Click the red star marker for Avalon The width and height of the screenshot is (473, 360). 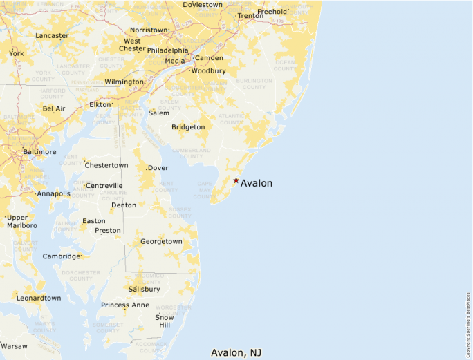[x=236, y=180]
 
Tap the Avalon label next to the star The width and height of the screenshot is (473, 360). [x=257, y=183]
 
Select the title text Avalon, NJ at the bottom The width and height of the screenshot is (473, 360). [x=236, y=352]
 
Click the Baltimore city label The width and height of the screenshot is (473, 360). [x=39, y=151]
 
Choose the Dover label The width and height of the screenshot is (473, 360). [x=158, y=168]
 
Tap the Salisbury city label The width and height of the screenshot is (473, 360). [x=144, y=289]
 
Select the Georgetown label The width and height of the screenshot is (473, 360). [x=161, y=242]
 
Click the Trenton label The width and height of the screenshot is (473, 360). [x=250, y=16]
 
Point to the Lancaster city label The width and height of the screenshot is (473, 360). [x=52, y=35]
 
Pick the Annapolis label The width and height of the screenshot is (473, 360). [x=54, y=194]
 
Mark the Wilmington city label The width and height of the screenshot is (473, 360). [x=124, y=82]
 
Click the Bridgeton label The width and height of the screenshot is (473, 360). [x=188, y=127]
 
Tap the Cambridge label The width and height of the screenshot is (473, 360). [x=62, y=256]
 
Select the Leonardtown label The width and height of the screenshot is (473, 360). [x=39, y=298]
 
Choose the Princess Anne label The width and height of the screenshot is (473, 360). [x=124, y=305]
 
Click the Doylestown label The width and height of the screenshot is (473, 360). [x=203, y=5]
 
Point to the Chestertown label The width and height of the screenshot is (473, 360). [x=106, y=165]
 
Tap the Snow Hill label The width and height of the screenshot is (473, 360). [x=165, y=321]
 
